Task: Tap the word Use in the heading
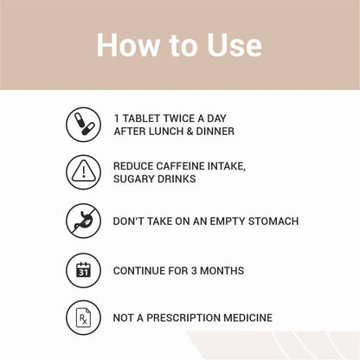[x=235, y=45]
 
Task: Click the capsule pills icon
[x=83, y=125]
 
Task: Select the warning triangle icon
[x=83, y=172]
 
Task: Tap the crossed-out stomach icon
[x=83, y=221]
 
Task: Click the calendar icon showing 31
[x=83, y=271]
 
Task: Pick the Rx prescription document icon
[x=83, y=318]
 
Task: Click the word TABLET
[x=141, y=119]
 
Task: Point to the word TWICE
[x=178, y=119]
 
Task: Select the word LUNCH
[x=166, y=132]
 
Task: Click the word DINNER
[x=215, y=132]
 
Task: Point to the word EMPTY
[x=228, y=222]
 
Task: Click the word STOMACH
[x=273, y=222]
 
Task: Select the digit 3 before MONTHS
[x=194, y=271]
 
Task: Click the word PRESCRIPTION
[x=183, y=318]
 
